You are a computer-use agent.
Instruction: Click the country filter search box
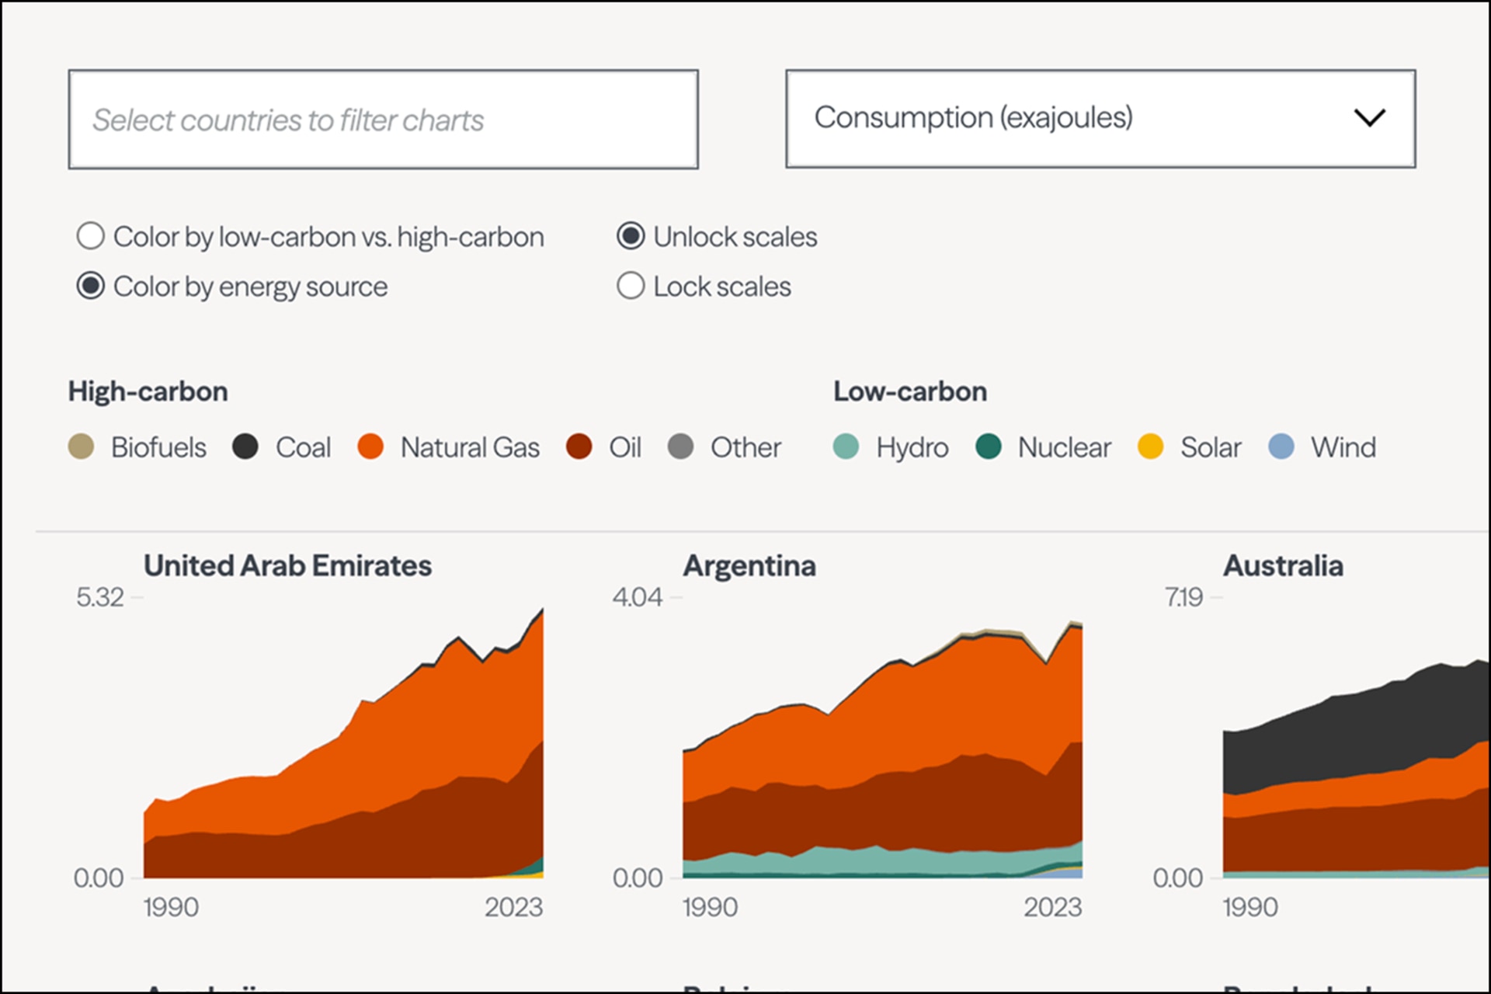click(383, 120)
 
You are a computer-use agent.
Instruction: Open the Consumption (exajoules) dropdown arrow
click(1369, 118)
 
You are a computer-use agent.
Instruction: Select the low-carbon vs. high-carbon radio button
click(91, 236)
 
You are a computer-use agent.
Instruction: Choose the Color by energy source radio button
click(91, 287)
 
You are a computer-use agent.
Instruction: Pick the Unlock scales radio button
click(631, 236)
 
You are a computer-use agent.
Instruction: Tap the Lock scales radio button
click(631, 287)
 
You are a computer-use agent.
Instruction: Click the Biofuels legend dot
click(82, 447)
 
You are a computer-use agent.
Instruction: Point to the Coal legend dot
click(245, 447)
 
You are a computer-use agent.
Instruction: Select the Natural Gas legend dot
click(370, 447)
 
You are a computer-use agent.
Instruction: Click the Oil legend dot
click(579, 447)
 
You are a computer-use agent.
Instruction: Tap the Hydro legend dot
click(846, 447)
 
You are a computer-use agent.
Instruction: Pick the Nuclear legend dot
click(988, 447)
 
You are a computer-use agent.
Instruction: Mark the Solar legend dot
click(1150, 447)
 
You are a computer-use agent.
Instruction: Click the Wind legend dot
click(1281, 447)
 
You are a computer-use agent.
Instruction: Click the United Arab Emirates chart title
click(287, 566)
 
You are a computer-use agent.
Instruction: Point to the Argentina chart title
click(749, 566)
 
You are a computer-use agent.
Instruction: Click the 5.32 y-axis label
click(100, 597)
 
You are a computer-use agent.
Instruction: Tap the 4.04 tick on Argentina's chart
click(637, 597)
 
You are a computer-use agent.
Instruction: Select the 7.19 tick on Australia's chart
click(1183, 597)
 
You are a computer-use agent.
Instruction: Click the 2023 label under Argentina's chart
click(1052, 907)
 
